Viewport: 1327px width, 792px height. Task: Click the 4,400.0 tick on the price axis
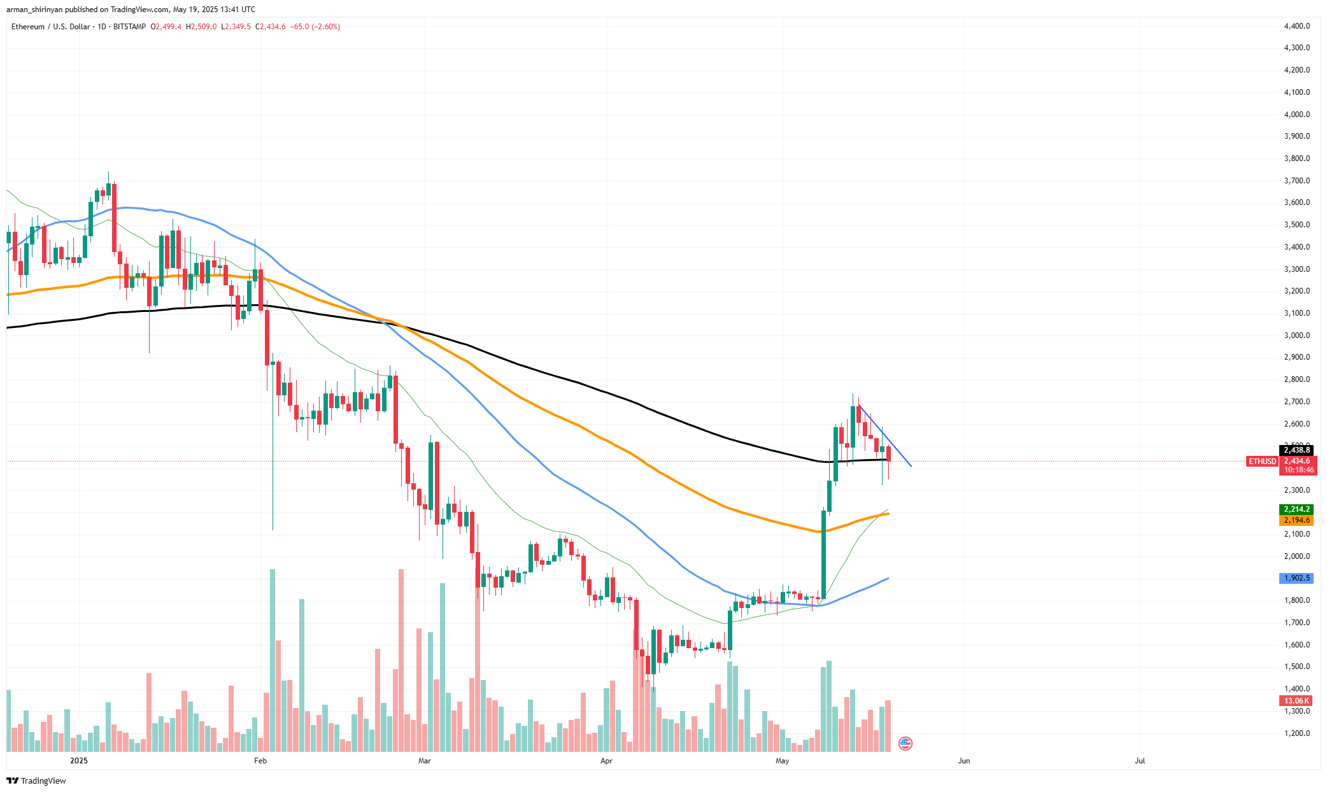pyautogui.click(x=1296, y=26)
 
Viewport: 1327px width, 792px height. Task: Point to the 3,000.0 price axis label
pyautogui.click(x=1296, y=336)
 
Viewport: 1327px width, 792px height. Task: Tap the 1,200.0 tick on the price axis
pyautogui.click(x=1296, y=733)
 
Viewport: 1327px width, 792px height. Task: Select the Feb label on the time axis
pyautogui.click(x=260, y=761)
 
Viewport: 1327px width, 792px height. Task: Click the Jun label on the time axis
pyautogui.click(x=964, y=761)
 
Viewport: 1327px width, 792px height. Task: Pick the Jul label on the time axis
pyautogui.click(x=1140, y=761)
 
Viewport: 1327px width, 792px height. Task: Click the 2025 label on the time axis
pyautogui.click(x=79, y=761)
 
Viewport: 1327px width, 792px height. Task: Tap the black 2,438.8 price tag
pyautogui.click(x=1297, y=450)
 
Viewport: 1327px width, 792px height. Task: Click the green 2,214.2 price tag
pyautogui.click(x=1297, y=509)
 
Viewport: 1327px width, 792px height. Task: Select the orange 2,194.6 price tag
pyautogui.click(x=1297, y=520)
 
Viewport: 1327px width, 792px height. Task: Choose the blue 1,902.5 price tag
pyautogui.click(x=1297, y=578)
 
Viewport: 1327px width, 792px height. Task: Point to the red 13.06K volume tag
pyautogui.click(x=1297, y=701)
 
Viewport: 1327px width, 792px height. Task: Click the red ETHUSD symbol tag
pyautogui.click(x=1262, y=462)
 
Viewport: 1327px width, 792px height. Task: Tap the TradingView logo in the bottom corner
pyautogui.click(x=37, y=781)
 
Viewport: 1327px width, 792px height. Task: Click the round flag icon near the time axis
pyautogui.click(x=905, y=743)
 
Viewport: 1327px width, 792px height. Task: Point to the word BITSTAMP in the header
pyautogui.click(x=129, y=27)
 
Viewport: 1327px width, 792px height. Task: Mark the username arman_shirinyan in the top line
pyautogui.click(x=34, y=10)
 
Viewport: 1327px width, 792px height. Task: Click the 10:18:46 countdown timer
pyautogui.click(x=1298, y=470)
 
